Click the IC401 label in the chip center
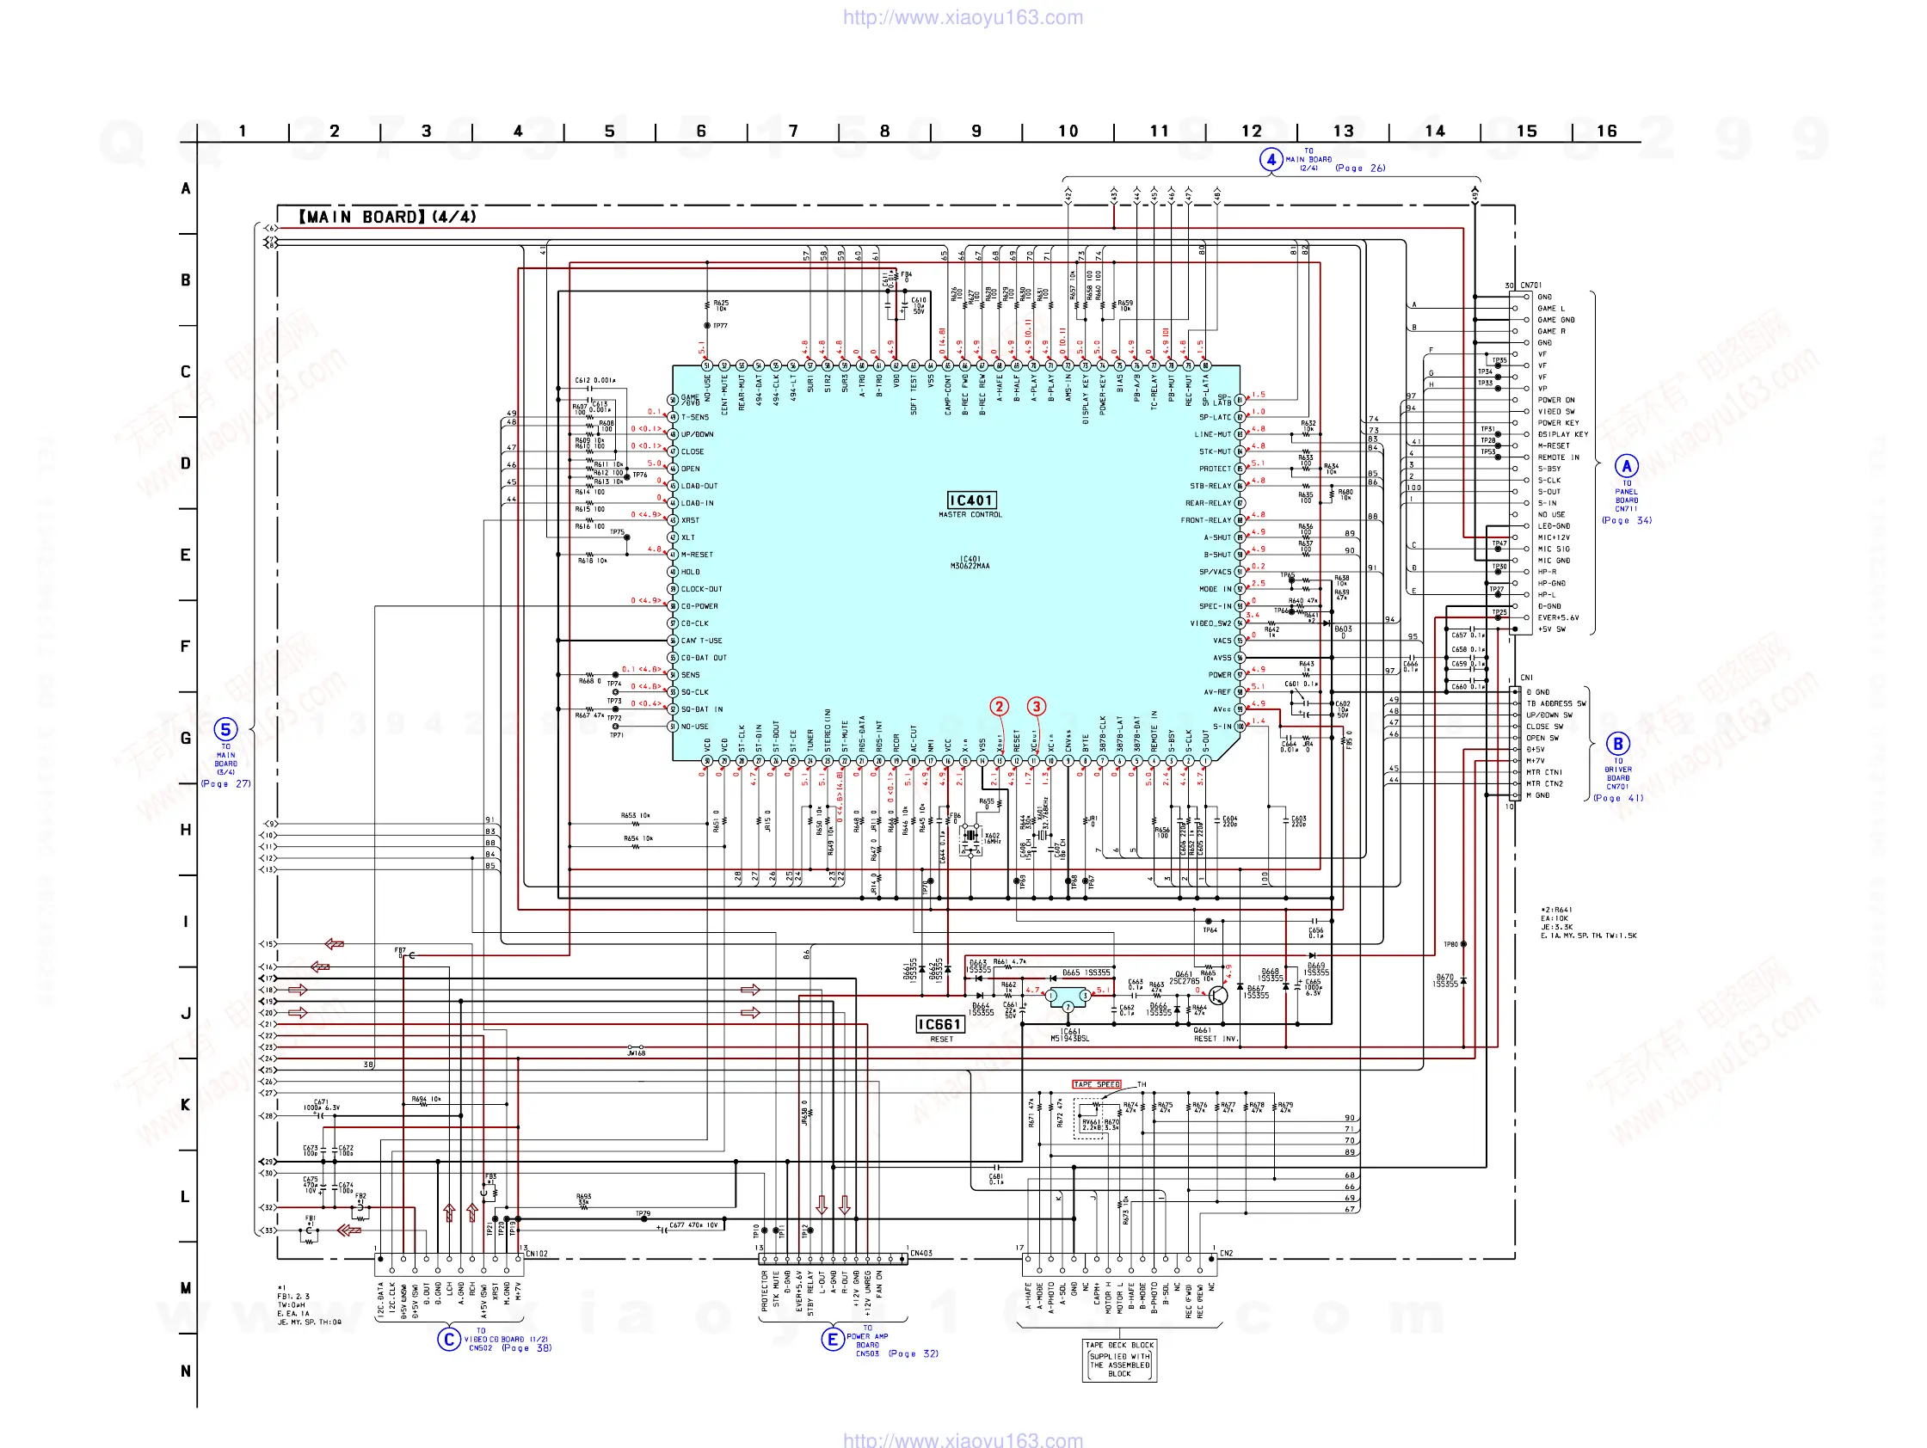tap(970, 500)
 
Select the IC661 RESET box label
tap(939, 1025)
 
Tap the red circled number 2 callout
tap(1000, 706)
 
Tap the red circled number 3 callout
tap(1036, 706)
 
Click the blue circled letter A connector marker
tap(1626, 466)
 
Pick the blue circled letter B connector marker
tap(1618, 744)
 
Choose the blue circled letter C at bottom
tap(449, 1339)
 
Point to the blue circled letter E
tap(832, 1339)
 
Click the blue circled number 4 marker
tap(1271, 159)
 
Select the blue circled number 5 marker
tap(225, 730)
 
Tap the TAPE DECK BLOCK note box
tap(1119, 1359)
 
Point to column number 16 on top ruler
tap(1606, 132)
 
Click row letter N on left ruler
tap(186, 1371)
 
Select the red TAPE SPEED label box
tap(1096, 1085)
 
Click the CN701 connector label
tap(1530, 285)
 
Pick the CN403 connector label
tap(920, 1254)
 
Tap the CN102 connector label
tap(538, 1254)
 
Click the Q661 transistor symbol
tap(1218, 995)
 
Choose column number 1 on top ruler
tap(243, 132)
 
